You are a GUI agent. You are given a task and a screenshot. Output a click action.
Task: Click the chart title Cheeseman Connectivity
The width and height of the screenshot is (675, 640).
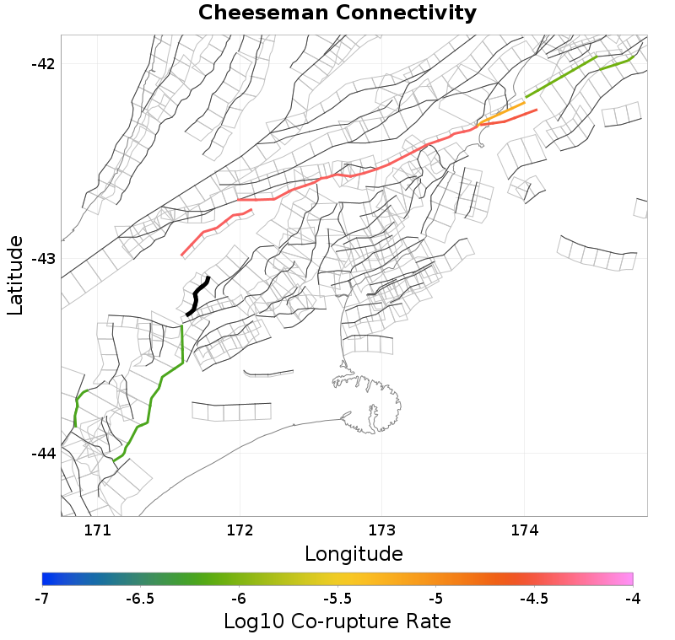337,13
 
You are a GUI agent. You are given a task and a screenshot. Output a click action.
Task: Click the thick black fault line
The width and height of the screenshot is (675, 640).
197,296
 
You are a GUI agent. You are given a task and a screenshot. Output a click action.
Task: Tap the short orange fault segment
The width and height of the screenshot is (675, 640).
503,113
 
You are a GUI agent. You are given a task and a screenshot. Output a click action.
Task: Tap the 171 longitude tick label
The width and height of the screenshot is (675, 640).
98,530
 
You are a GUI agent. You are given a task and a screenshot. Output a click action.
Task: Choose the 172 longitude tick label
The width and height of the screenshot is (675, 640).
240,530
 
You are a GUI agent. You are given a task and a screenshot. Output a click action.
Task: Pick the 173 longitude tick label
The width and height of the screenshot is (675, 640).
382,530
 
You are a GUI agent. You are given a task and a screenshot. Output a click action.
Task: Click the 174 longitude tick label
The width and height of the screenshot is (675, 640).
524,530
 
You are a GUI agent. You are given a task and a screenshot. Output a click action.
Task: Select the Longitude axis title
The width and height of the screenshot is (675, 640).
354,554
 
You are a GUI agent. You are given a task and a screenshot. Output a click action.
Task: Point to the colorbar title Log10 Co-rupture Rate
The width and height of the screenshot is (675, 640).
337,622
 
